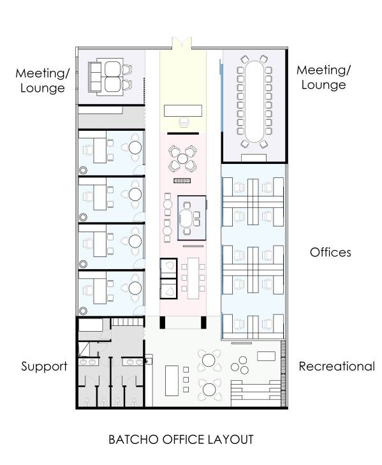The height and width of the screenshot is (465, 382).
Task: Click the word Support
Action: [44, 367]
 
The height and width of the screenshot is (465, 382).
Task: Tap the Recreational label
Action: [337, 367]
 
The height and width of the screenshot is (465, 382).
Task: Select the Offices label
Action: [330, 253]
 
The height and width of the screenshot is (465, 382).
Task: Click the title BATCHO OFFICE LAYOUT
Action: [180, 439]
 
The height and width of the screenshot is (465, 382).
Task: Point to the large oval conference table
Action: [254, 99]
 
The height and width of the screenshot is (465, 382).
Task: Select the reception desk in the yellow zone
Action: [182, 111]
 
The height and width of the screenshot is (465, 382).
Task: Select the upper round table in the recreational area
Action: [209, 360]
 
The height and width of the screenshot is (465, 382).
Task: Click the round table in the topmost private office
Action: [136, 147]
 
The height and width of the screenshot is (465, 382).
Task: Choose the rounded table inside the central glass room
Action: [191, 216]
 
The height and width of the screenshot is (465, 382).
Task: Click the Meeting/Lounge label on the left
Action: [41, 81]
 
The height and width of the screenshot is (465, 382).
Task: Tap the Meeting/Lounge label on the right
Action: [323, 77]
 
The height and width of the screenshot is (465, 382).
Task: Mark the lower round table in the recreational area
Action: [209, 387]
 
